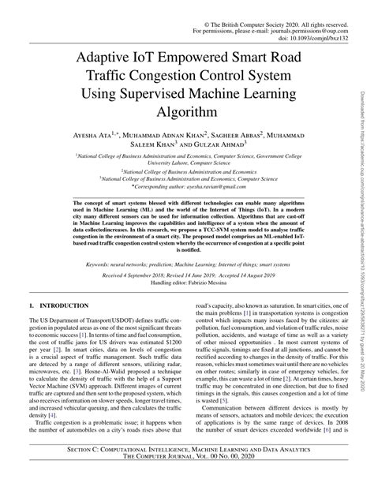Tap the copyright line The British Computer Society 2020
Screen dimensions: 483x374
tap(272, 6)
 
